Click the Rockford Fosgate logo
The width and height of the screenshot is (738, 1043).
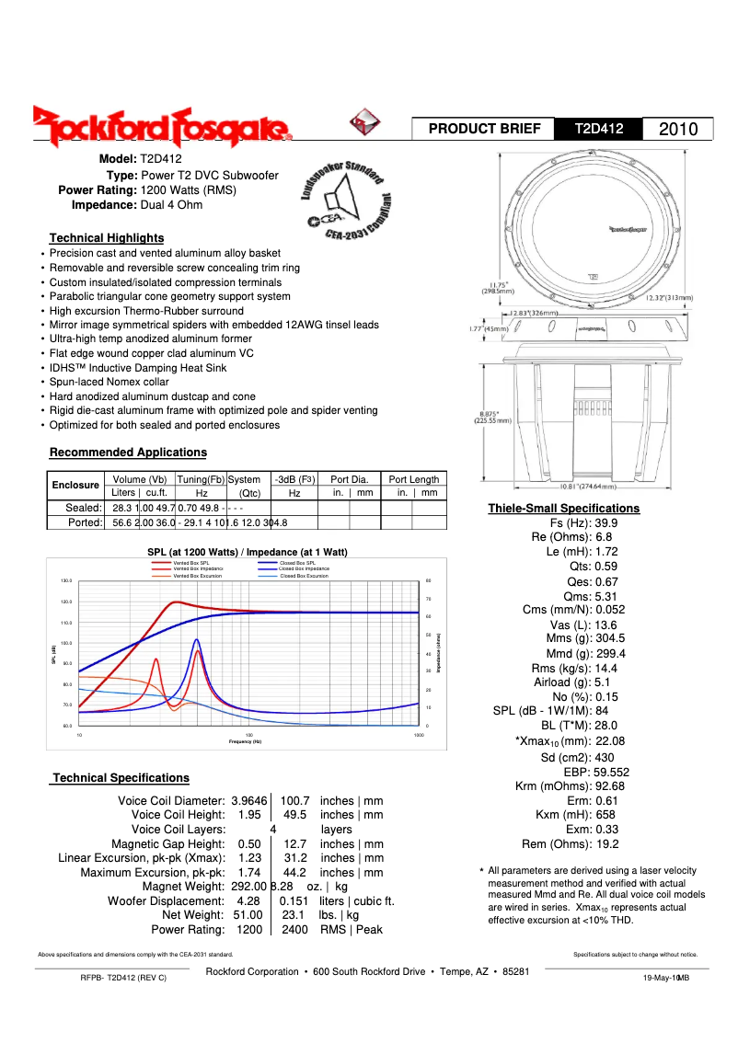(162, 127)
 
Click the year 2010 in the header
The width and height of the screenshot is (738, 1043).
(679, 130)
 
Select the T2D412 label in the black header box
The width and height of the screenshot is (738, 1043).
(599, 130)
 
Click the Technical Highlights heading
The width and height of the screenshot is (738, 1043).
(107, 237)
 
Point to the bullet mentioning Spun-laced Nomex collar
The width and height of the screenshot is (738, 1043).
(109, 382)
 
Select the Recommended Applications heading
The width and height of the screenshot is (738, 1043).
(128, 452)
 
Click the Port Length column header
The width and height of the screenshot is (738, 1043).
(413, 479)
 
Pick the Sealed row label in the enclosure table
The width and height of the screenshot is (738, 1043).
(83, 507)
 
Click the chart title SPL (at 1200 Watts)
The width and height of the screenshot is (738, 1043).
(248, 552)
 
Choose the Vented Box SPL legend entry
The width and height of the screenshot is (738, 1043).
(191, 562)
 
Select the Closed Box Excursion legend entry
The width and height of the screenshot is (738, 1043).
(304, 576)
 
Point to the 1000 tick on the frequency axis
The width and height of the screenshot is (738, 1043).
(419, 736)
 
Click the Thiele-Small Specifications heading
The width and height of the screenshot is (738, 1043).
(563, 508)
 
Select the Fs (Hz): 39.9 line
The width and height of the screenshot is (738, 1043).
(583, 522)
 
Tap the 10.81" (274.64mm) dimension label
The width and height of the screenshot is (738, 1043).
(594, 486)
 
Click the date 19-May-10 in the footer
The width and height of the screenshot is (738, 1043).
(660, 978)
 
